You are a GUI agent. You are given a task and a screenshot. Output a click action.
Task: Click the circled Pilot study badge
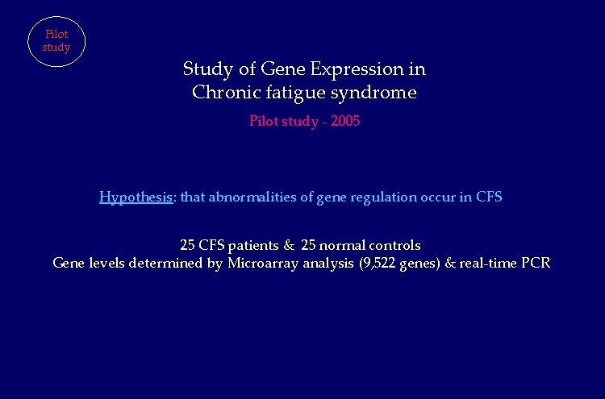click(56, 41)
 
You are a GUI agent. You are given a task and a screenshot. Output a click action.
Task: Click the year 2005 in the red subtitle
click(344, 122)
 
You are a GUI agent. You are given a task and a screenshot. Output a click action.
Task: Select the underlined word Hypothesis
click(136, 197)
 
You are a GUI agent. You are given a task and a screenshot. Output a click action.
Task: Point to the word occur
click(441, 197)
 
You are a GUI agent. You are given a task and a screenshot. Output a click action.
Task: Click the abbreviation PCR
click(536, 264)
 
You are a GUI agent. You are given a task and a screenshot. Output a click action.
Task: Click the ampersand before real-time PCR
click(450, 264)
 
